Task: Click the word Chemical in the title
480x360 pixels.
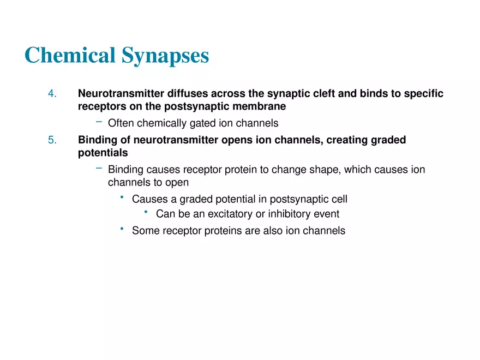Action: click(70, 56)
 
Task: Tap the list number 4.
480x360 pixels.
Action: click(52, 94)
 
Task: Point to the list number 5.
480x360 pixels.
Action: click(52, 140)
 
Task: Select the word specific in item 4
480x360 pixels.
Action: click(423, 94)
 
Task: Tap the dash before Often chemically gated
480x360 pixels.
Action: click(99, 122)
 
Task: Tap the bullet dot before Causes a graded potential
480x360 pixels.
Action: click(122, 197)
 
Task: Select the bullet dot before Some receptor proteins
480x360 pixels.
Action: click(122, 229)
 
